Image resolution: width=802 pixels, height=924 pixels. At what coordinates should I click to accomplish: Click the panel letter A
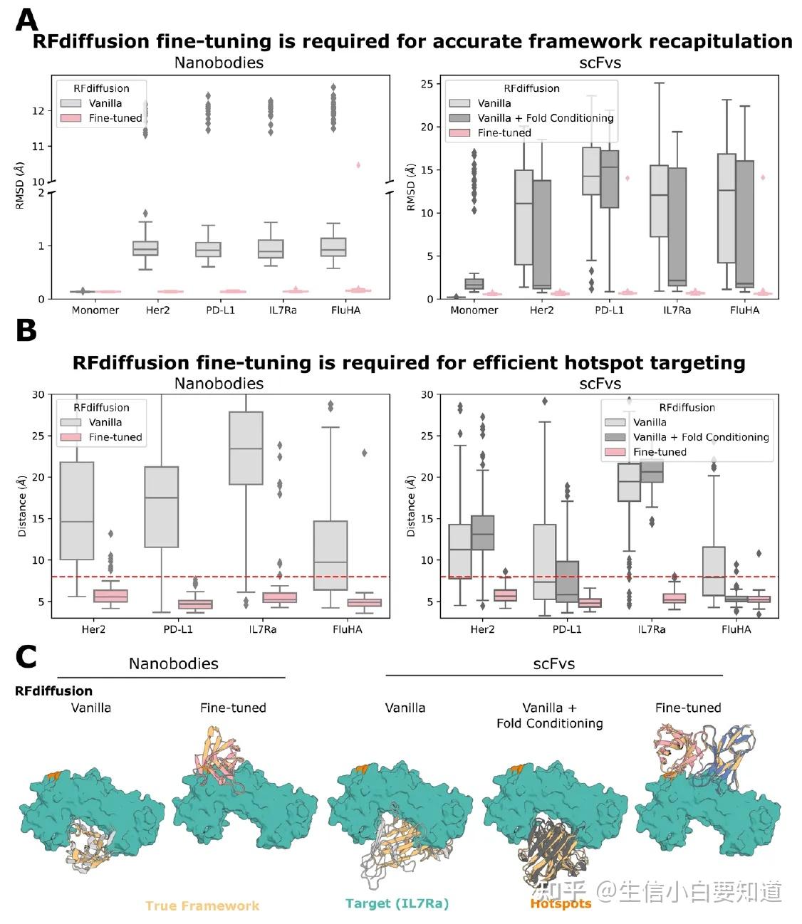tap(26, 20)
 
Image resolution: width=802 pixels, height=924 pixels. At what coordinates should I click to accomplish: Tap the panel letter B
tap(26, 330)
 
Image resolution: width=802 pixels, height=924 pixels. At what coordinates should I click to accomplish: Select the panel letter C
tap(26, 656)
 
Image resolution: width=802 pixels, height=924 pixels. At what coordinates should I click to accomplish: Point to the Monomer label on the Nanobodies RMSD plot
tap(95, 310)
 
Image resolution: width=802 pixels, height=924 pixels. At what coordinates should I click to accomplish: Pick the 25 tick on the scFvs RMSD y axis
tap(427, 84)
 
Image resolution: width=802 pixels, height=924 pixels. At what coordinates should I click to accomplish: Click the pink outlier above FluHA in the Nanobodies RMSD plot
tap(358, 165)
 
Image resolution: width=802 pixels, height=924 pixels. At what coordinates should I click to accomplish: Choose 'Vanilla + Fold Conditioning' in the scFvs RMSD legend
tap(545, 118)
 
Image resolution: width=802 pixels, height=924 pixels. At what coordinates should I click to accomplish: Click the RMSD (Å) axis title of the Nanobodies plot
tap(20, 185)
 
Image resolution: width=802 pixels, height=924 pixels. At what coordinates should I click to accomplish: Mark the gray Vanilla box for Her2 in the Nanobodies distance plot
tap(77, 510)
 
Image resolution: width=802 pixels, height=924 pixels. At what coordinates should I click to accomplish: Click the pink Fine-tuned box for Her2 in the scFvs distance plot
tap(505, 595)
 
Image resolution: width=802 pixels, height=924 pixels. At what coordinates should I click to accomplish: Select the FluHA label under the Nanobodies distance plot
tap(347, 629)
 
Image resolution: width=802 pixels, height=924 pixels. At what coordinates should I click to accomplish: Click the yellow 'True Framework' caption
tap(202, 905)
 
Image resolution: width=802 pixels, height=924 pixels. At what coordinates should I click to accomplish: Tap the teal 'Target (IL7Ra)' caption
tap(397, 903)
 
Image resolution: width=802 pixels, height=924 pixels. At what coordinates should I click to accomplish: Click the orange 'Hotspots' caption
tap(561, 903)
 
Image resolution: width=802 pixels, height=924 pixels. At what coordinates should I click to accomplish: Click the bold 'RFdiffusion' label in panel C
tap(53, 691)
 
